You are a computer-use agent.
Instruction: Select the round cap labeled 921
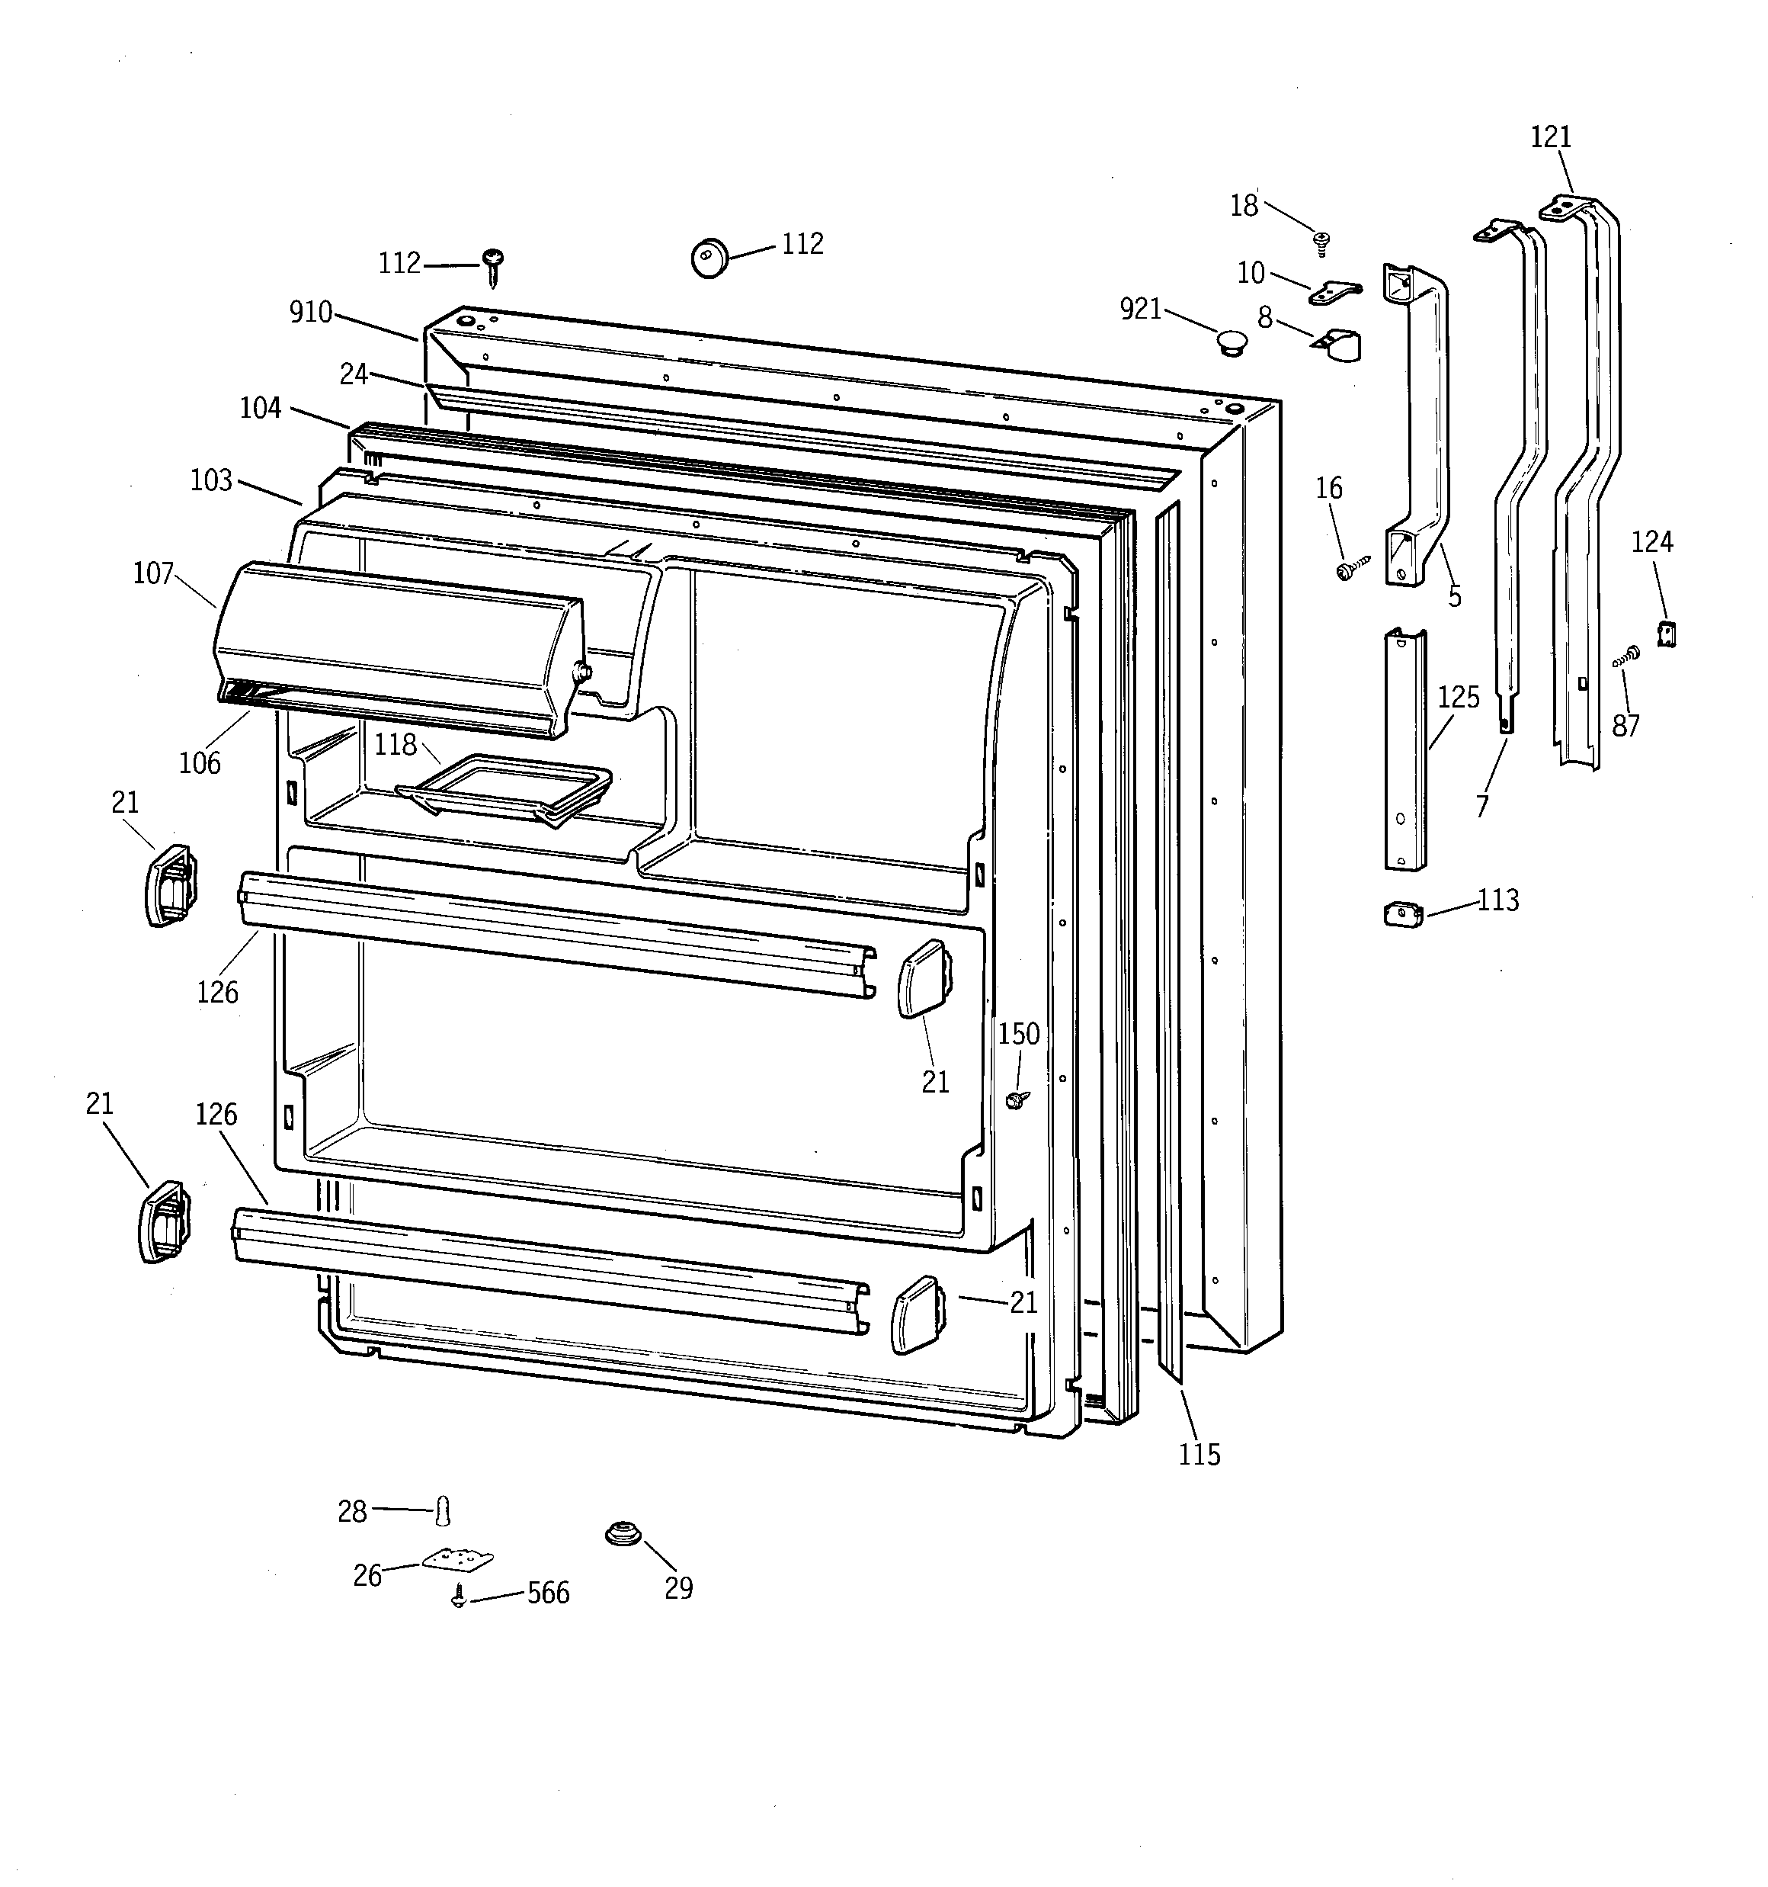click(1231, 342)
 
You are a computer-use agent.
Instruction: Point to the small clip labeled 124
click(1667, 632)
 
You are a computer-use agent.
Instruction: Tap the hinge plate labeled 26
click(458, 1559)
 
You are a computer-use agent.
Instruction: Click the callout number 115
click(1199, 1454)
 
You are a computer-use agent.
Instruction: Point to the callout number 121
click(1551, 138)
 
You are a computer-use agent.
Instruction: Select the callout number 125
click(1459, 698)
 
